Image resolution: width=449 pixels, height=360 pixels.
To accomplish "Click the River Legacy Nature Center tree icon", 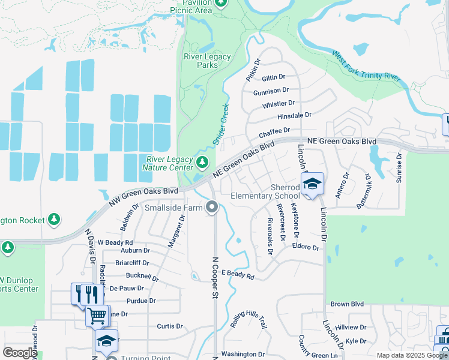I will (202, 161).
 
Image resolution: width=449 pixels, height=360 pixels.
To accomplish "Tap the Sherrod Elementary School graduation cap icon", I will (312, 184).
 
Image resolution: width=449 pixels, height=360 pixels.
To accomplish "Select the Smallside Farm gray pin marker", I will (211, 208).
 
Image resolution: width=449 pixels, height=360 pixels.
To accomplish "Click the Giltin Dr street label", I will (273, 77).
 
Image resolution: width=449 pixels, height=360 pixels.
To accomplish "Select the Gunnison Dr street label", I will (271, 91).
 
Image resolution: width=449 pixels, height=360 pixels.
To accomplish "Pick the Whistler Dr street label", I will (279, 104).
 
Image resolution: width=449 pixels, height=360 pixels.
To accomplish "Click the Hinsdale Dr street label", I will (294, 115).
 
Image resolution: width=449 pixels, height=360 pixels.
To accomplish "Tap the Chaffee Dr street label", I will (274, 131).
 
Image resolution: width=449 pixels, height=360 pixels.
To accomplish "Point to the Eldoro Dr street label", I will (306, 247).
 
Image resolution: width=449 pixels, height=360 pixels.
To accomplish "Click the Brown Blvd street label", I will (348, 304).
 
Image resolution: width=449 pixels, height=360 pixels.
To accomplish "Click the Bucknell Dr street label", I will (142, 277).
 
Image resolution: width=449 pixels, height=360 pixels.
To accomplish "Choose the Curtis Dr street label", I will (169, 326).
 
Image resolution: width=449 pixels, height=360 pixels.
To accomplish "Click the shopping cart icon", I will (97, 314).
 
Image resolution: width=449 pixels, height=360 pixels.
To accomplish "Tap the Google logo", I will (19, 353).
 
